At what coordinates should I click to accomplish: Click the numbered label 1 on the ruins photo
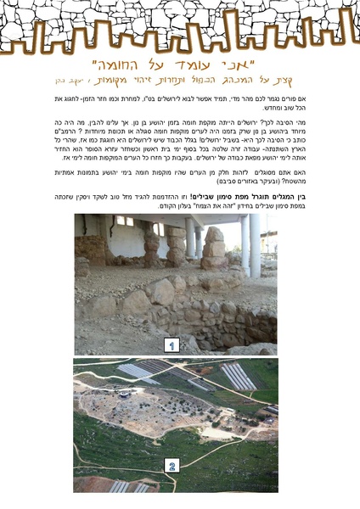(x=172, y=345)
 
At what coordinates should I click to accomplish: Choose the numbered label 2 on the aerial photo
(x=172, y=466)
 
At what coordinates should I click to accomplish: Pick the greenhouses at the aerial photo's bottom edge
(x=127, y=486)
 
